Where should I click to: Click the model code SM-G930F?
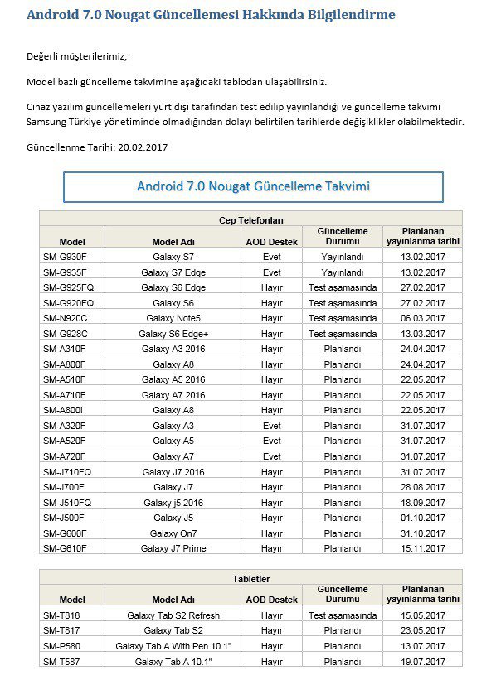click(65, 257)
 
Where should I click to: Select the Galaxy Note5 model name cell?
click(173, 318)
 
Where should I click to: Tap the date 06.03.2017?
click(423, 318)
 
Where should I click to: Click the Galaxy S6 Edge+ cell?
click(173, 334)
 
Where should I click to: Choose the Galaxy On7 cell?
click(173, 533)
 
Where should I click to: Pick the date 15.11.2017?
click(423, 548)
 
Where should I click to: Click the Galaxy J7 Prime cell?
click(173, 548)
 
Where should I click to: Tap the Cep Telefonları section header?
click(250, 219)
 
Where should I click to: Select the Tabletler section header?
click(250, 578)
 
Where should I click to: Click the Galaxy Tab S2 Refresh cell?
click(173, 615)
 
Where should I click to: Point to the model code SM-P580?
click(64, 646)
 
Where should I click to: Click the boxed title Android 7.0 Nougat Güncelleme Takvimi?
click(253, 186)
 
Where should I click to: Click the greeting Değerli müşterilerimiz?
click(77, 57)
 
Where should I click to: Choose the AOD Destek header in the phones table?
click(271, 241)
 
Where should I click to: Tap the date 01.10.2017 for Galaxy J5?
click(423, 518)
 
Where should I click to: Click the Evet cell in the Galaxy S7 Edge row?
click(271, 272)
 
